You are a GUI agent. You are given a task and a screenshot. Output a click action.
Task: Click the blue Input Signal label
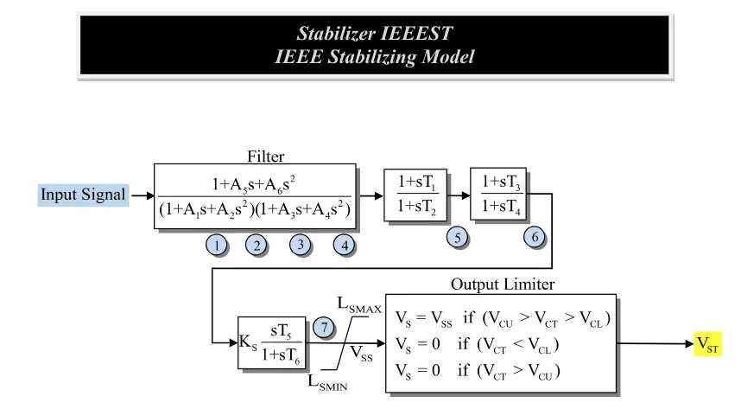82,196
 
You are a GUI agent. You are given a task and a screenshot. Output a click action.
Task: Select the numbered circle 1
218,245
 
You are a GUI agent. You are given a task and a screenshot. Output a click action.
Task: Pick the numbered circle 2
256,245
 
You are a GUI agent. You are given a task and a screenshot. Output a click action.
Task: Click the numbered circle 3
300,245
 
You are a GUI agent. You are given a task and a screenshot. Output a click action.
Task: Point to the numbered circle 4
344,245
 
